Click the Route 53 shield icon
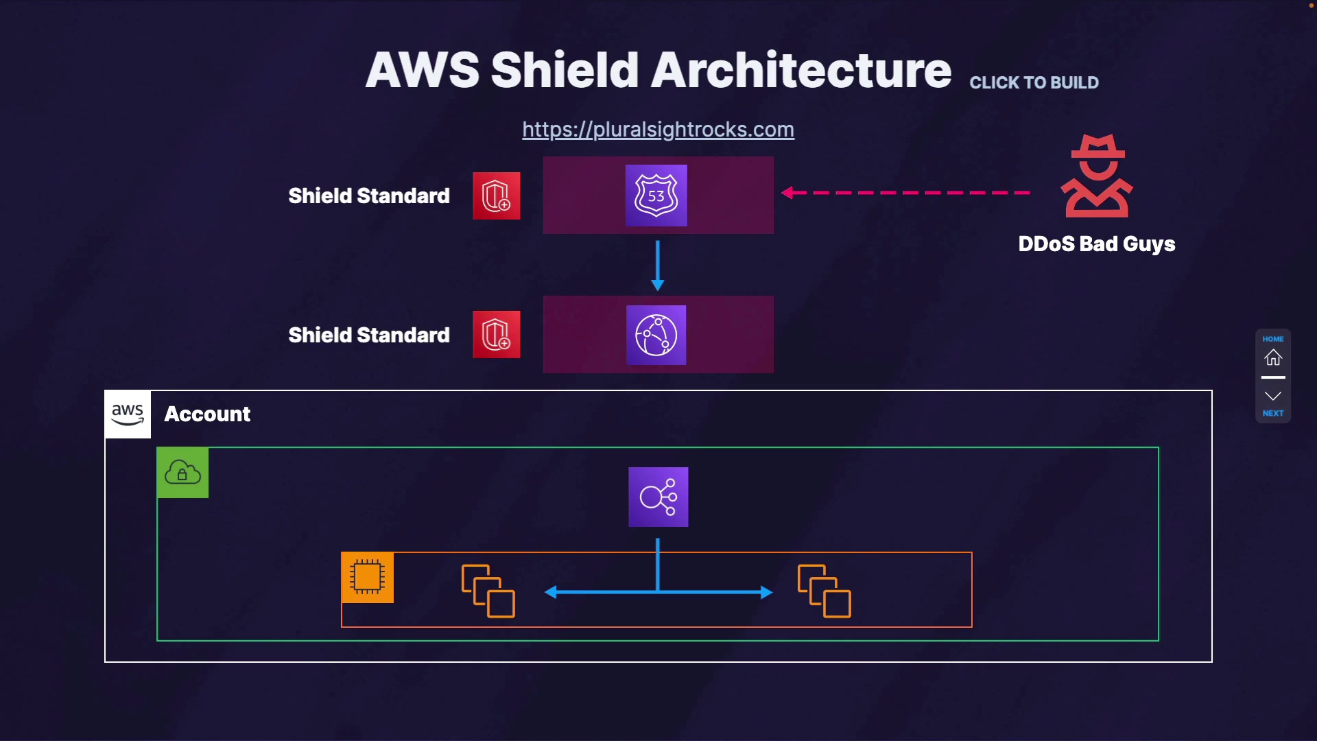pos(656,196)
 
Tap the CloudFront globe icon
pos(656,335)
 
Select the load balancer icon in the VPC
pos(658,497)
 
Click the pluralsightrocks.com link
pos(658,130)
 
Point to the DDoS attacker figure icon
pos(1097,176)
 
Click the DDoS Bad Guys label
pos(1096,244)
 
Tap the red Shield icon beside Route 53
pos(496,196)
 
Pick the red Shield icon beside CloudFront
pos(496,335)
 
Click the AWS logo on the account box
pos(128,414)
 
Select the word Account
pos(207,414)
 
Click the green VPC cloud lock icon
pos(182,473)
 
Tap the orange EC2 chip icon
pos(367,577)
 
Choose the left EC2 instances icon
pos(488,591)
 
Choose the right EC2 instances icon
pos(824,591)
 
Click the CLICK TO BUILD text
pos(1034,83)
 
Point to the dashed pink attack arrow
pos(905,193)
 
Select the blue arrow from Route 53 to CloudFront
pos(657,266)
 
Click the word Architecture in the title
pos(800,70)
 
